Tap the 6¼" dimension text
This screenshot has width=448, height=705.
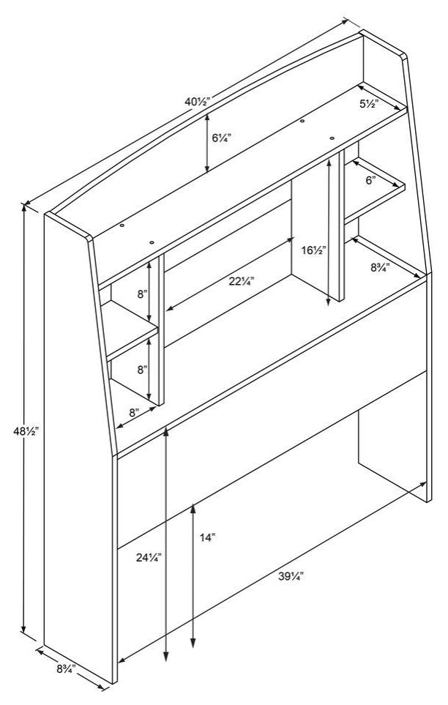221,138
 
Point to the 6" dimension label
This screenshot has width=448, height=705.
371,179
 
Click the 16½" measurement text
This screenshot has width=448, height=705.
314,250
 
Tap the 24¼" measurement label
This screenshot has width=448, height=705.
149,557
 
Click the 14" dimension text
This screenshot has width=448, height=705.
207,537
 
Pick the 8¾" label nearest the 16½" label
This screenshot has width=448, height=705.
378,268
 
